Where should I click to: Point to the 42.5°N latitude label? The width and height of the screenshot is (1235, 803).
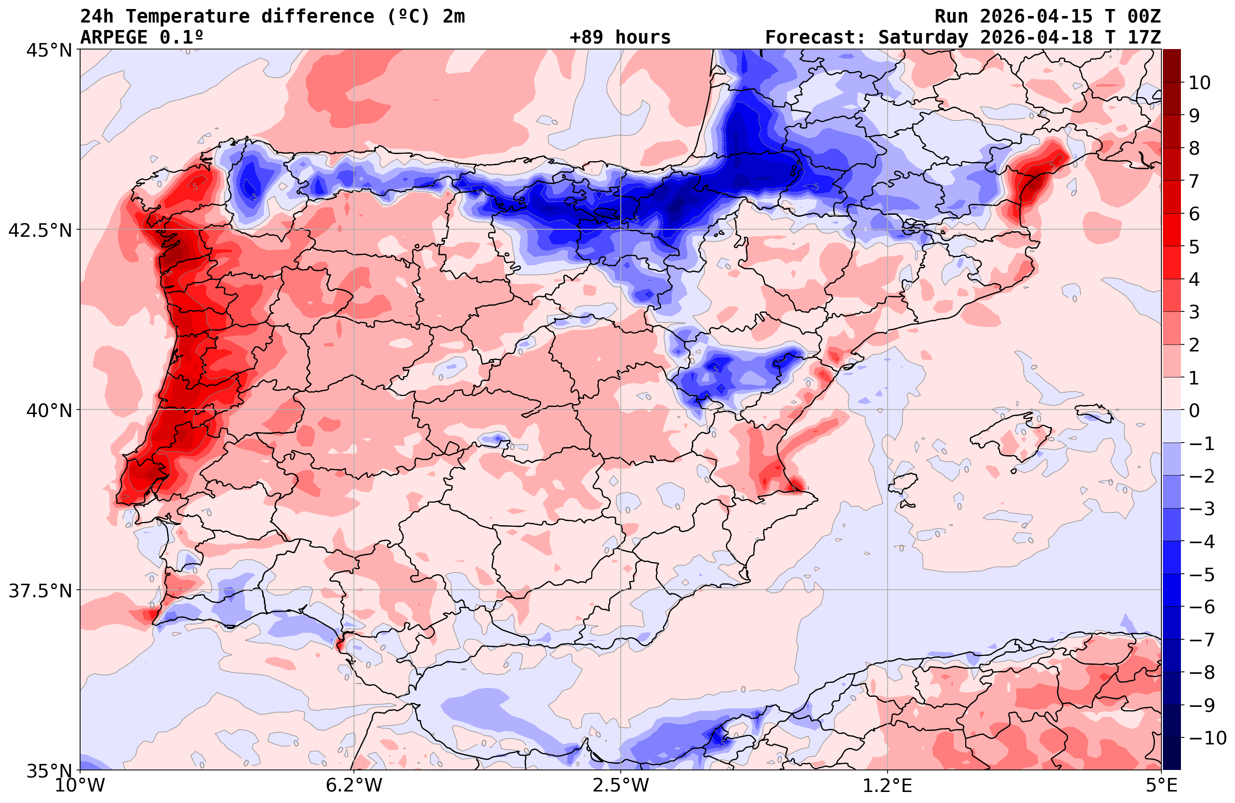[x=40, y=230]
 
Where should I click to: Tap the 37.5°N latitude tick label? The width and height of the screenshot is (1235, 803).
[x=40, y=591]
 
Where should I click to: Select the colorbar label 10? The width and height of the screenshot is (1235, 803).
[x=1199, y=83]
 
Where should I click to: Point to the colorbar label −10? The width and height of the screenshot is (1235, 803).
[x=1207, y=737]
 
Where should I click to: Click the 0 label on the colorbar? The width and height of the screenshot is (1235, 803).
[x=1194, y=411]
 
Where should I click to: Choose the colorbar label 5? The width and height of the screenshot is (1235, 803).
[x=1194, y=247]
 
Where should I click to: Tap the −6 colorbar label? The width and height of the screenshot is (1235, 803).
[x=1202, y=607]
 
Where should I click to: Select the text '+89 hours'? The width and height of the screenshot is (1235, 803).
[x=620, y=38]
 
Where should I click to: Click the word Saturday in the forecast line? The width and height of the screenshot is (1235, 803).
[x=923, y=38]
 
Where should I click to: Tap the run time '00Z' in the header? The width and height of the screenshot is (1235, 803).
[x=1144, y=17]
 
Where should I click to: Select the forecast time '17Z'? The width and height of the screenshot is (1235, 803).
[x=1144, y=38]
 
